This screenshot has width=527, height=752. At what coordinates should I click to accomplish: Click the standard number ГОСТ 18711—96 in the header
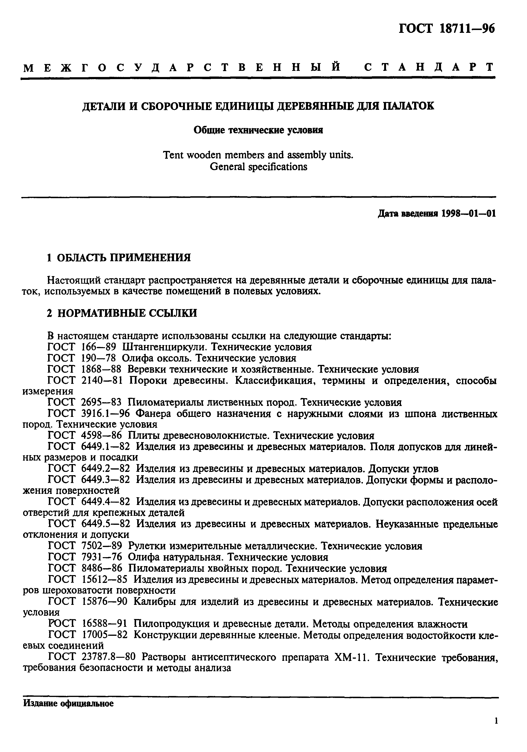446,29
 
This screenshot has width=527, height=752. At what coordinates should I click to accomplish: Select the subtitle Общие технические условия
258,130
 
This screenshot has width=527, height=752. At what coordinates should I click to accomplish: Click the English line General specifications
258,167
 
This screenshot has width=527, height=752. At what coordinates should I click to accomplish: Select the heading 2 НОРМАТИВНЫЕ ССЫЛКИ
122,313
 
